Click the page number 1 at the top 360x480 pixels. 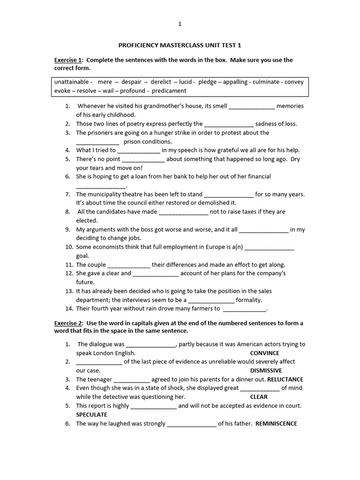(180, 24)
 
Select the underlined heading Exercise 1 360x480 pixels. (68, 60)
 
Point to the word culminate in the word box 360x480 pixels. (266, 82)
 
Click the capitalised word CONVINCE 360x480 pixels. (264, 353)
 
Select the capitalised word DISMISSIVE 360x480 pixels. (266, 371)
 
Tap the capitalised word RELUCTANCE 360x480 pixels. (286, 380)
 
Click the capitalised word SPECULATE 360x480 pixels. (92, 415)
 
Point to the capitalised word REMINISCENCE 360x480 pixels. (277, 424)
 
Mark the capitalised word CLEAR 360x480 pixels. (259, 397)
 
